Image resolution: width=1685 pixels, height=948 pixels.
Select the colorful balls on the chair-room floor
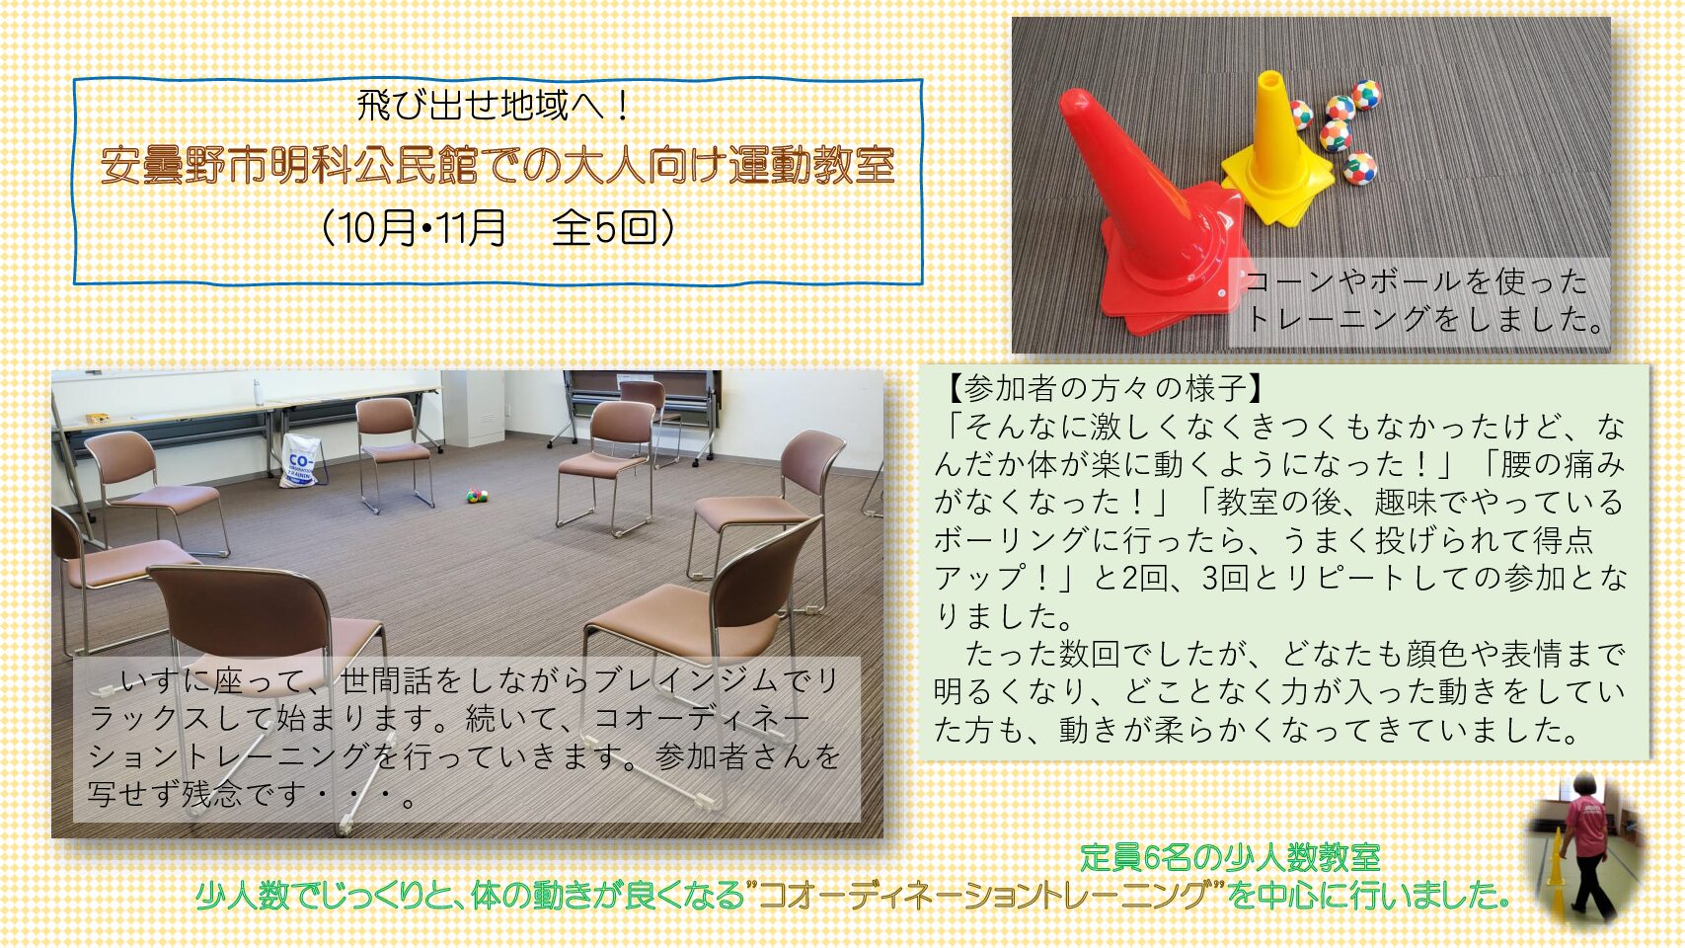tap(477, 495)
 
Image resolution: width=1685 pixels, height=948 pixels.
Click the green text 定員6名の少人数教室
tap(1230, 857)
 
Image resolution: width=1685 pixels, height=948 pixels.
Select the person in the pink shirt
tap(1588, 842)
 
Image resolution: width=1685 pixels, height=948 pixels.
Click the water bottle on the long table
tap(258, 392)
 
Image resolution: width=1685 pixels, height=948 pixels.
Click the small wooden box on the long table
tap(98, 418)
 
